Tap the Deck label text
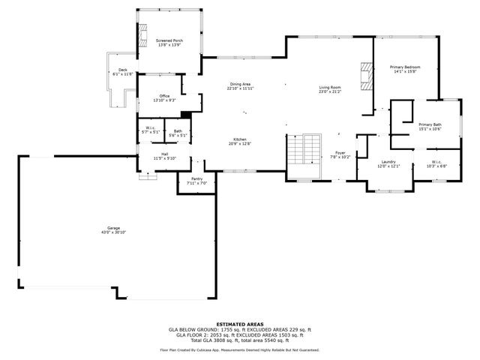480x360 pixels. (x=122, y=70)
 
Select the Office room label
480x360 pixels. (x=163, y=95)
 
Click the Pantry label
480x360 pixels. (x=196, y=178)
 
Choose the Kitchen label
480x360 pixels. (x=239, y=139)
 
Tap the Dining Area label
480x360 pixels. (x=240, y=84)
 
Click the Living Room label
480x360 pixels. (x=330, y=88)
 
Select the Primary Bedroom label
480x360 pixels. (x=405, y=67)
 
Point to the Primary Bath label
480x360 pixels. (x=430, y=124)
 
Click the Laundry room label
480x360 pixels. (x=388, y=161)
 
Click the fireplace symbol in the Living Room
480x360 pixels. (x=365, y=75)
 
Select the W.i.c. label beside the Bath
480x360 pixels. (x=150, y=131)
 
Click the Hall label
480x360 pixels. (x=164, y=154)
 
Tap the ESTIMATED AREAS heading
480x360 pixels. (x=239, y=324)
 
